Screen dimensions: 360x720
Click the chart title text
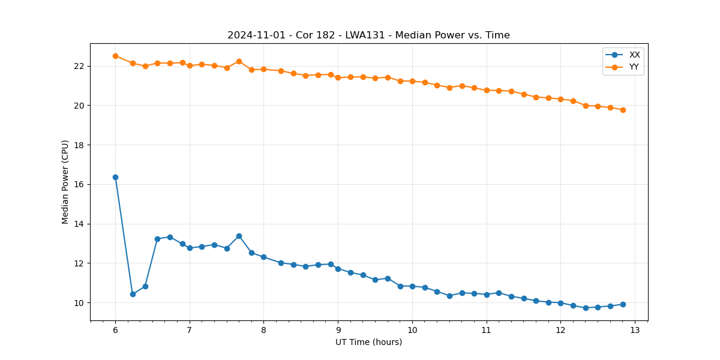click(x=368, y=35)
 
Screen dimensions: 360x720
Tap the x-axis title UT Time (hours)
click(x=368, y=342)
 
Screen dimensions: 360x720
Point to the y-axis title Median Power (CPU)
click(x=65, y=182)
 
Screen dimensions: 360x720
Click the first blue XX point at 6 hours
click(x=115, y=177)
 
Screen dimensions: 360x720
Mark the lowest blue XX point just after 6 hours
click(x=133, y=294)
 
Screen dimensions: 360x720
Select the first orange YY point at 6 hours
click(x=115, y=56)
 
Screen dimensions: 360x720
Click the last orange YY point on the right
click(x=623, y=110)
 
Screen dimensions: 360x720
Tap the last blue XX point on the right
click(x=623, y=304)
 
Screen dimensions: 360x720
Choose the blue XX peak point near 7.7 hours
click(x=239, y=236)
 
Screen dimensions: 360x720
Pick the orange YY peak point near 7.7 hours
click(x=239, y=61)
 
